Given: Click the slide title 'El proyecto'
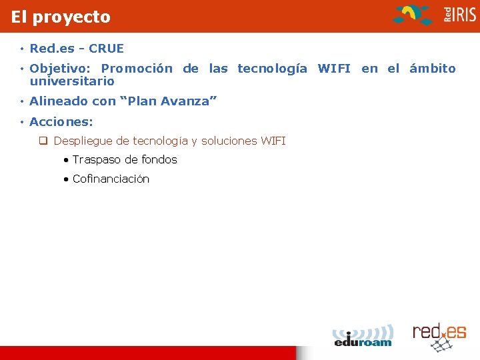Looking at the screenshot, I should (x=61, y=17).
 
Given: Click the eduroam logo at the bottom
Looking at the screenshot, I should (x=363, y=335).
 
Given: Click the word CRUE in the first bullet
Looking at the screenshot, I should (x=106, y=49).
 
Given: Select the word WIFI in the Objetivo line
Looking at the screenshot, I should (x=334, y=69).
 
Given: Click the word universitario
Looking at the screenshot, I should (x=72, y=81).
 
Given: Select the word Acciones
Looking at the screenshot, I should (x=61, y=122).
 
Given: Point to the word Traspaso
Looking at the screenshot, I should (x=97, y=160).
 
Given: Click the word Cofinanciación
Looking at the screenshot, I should (x=111, y=179).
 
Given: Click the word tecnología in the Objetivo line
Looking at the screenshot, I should (x=273, y=69).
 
